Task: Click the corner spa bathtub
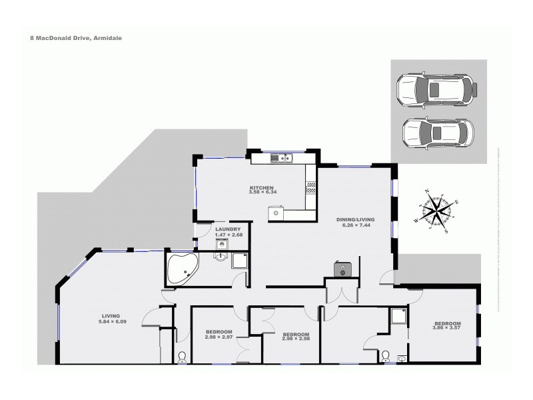[182, 270]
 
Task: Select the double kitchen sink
[284, 158]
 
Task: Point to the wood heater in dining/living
[342, 269]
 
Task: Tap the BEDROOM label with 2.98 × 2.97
[218, 335]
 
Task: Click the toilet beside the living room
[182, 357]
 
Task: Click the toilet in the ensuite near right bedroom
[384, 357]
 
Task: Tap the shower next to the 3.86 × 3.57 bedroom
[399, 315]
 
